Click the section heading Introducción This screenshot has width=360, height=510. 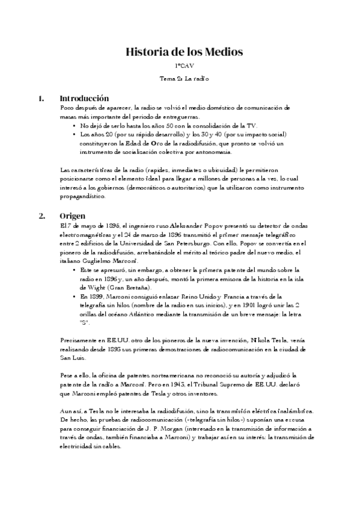pyautogui.click(x=84, y=97)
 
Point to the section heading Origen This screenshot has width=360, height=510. pyautogui.click(x=72, y=215)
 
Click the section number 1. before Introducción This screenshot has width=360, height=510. pyautogui.click(x=41, y=97)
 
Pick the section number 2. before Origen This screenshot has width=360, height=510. pyautogui.click(x=41, y=215)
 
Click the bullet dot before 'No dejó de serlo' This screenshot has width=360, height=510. pyautogui.click(x=74, y=126)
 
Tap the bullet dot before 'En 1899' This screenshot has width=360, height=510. pyautogui.click(x=74, y=297)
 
